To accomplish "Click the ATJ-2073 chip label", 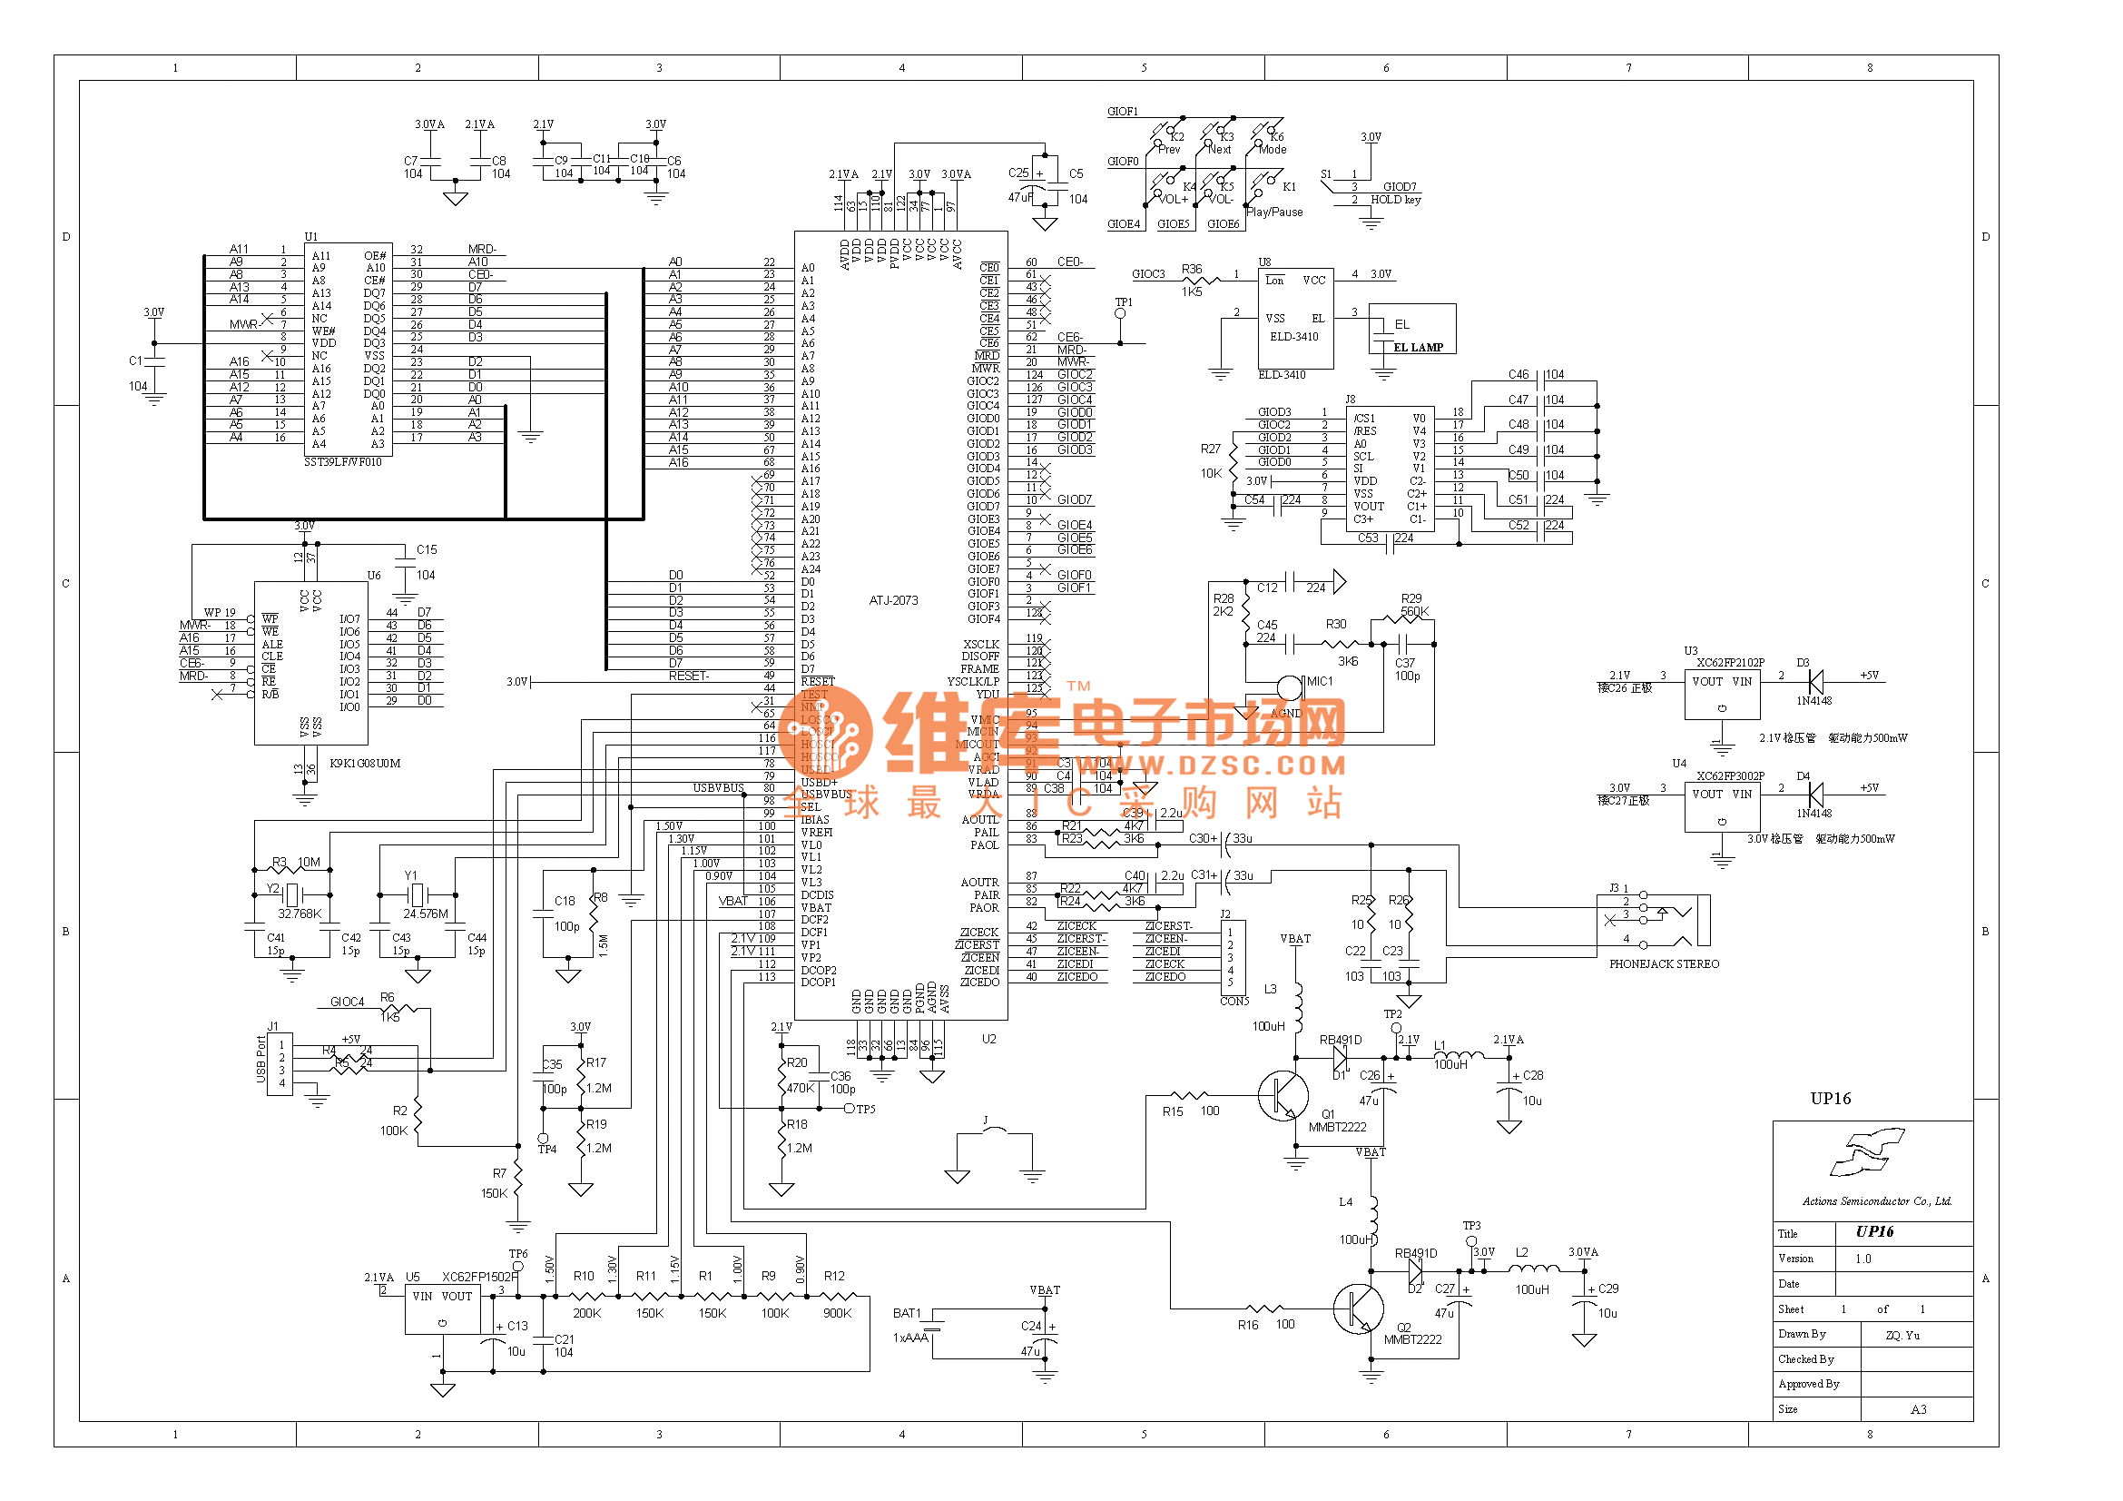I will [x=892, y=600].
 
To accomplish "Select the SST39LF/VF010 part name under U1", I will [x=342, y=462].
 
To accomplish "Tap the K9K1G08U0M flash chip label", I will [x=364, y=764].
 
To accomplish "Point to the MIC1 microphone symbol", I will [x=1289, y=686].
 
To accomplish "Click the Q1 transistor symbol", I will [x=1283, y=1097].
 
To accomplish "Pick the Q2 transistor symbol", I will [x=1357, y=1308].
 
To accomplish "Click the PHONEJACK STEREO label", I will [x=1664, y=963].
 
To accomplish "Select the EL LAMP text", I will [x=1418, y=348].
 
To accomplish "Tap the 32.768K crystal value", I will [x=300, y=913].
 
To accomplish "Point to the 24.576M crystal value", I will [x=426, y=913].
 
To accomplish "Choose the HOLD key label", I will [x=1395, y=200].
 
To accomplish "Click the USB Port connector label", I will [x=261, y=1060].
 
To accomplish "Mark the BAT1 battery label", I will [x=906, y=1313].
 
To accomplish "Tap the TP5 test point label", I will [x=866, y=1110].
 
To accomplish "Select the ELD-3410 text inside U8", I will [x=1293, y=337].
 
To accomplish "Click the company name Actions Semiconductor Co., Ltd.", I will [x=1876, y=1201].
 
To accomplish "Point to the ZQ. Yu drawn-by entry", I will [x=1902, y=1336].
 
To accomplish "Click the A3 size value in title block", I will [x=1918, y=1410].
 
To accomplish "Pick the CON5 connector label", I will [x=1234, y=1002].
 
